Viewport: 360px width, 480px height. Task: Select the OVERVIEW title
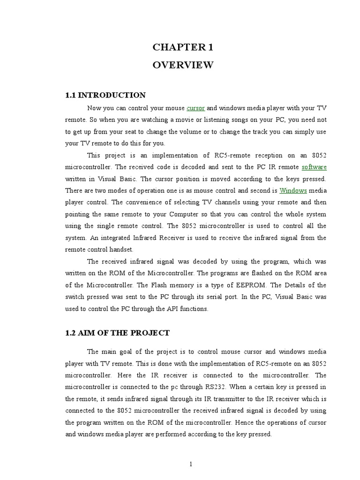183,65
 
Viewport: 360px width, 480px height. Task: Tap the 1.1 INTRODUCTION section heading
105,95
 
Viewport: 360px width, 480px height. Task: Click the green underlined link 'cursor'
195,108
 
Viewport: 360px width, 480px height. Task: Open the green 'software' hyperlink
314,167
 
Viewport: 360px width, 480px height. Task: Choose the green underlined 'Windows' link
293,190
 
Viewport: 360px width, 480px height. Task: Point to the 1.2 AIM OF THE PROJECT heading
117,333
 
